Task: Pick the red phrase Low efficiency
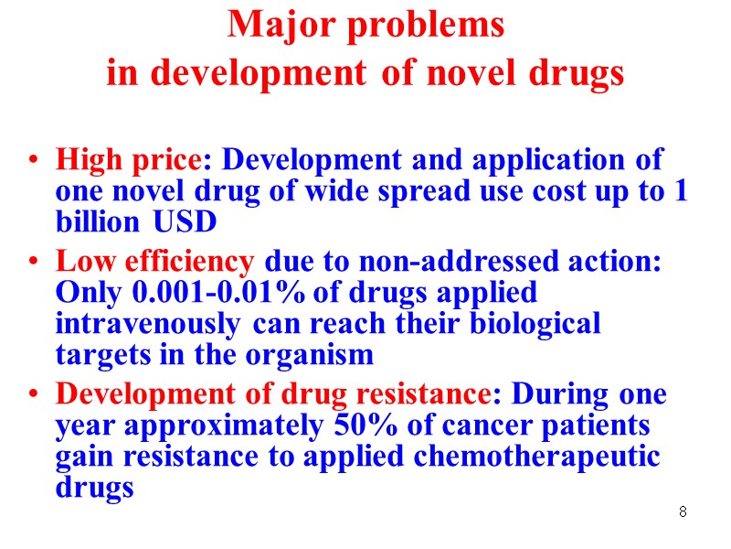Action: coord(154,262)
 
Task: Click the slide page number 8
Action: coord(683,511)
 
